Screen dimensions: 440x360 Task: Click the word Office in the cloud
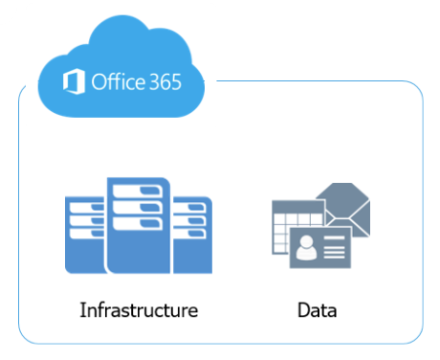click(118, 81)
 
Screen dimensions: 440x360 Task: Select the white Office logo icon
click(74, 81)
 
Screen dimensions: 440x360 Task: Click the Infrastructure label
click(139, 310)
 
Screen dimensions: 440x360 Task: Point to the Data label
click(317, 310)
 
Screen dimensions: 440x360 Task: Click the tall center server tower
click(139, 225)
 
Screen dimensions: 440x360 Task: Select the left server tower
click(85, 236)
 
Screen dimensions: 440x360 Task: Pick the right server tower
click(192, 236)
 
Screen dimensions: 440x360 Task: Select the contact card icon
click(320, 248)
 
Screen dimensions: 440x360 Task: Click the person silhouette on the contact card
click(306, 247)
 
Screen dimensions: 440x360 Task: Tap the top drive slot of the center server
click(138, 191)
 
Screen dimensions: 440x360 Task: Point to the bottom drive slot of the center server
click(138, 223)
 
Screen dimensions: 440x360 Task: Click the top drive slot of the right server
click(190, 208)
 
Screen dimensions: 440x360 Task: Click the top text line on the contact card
click(334, 237)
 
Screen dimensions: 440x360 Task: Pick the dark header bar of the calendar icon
click(297, 207)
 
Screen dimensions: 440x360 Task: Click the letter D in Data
click(303, 310)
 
